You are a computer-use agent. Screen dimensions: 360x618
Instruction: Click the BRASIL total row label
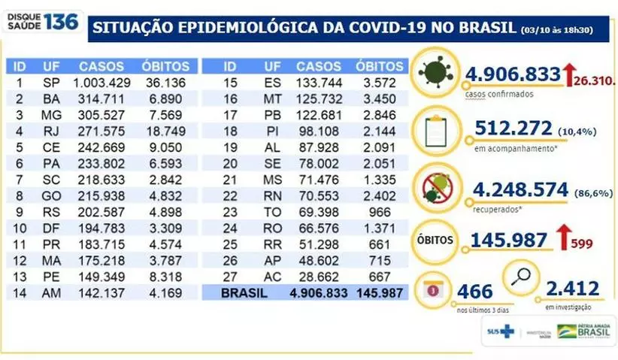pyautogui.click(x=243, y=294)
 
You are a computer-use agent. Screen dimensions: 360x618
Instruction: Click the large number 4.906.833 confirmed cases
pyautogui.click(x=513, y=74)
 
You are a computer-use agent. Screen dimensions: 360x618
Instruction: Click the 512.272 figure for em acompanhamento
pyautogui.click(x=515, y=129)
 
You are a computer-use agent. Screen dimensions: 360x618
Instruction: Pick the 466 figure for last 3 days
pyautogui.click(x=474, y=292)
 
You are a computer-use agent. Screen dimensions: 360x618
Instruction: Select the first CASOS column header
pyautogui.click(x=101, y=66)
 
